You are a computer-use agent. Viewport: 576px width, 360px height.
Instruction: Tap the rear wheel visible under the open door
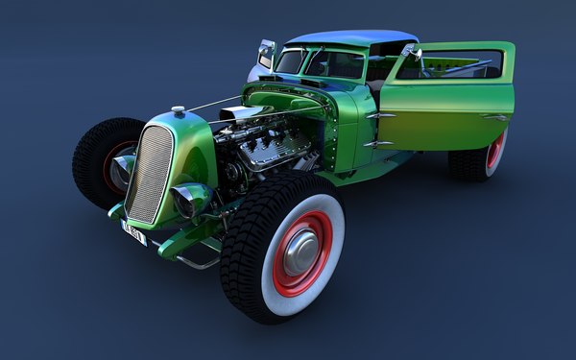[x=479, y=158]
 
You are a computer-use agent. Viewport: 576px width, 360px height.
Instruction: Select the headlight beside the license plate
[x=190, y=200]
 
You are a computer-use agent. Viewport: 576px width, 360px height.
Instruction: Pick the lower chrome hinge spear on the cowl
[x=377, y=144]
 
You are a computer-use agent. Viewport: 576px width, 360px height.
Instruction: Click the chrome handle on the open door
[x=495, y=117]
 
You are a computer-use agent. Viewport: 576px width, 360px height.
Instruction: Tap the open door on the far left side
[x=265, y=55]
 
